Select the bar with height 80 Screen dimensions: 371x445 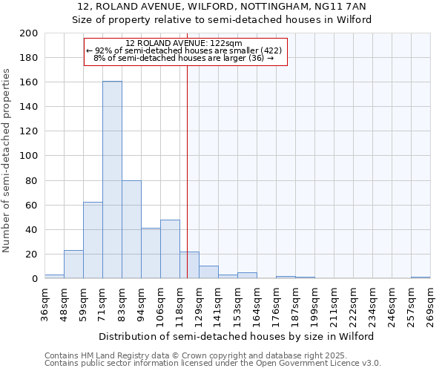pos(131,229)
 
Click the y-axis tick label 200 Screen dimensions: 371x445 pos(29,33)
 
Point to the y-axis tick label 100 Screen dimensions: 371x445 pos(29,156)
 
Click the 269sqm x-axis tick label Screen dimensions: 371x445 pos(431,306)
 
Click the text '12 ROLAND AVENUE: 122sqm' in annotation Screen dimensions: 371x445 pos(184,44)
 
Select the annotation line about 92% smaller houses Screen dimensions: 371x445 pos(184,50)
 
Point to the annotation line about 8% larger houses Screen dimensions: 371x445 pos(184,58)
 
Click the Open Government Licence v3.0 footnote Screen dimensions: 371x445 pos(212,363)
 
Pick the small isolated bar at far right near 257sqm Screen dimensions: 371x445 pos(421,278)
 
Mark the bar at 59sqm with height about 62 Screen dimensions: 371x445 pos(93,240)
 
